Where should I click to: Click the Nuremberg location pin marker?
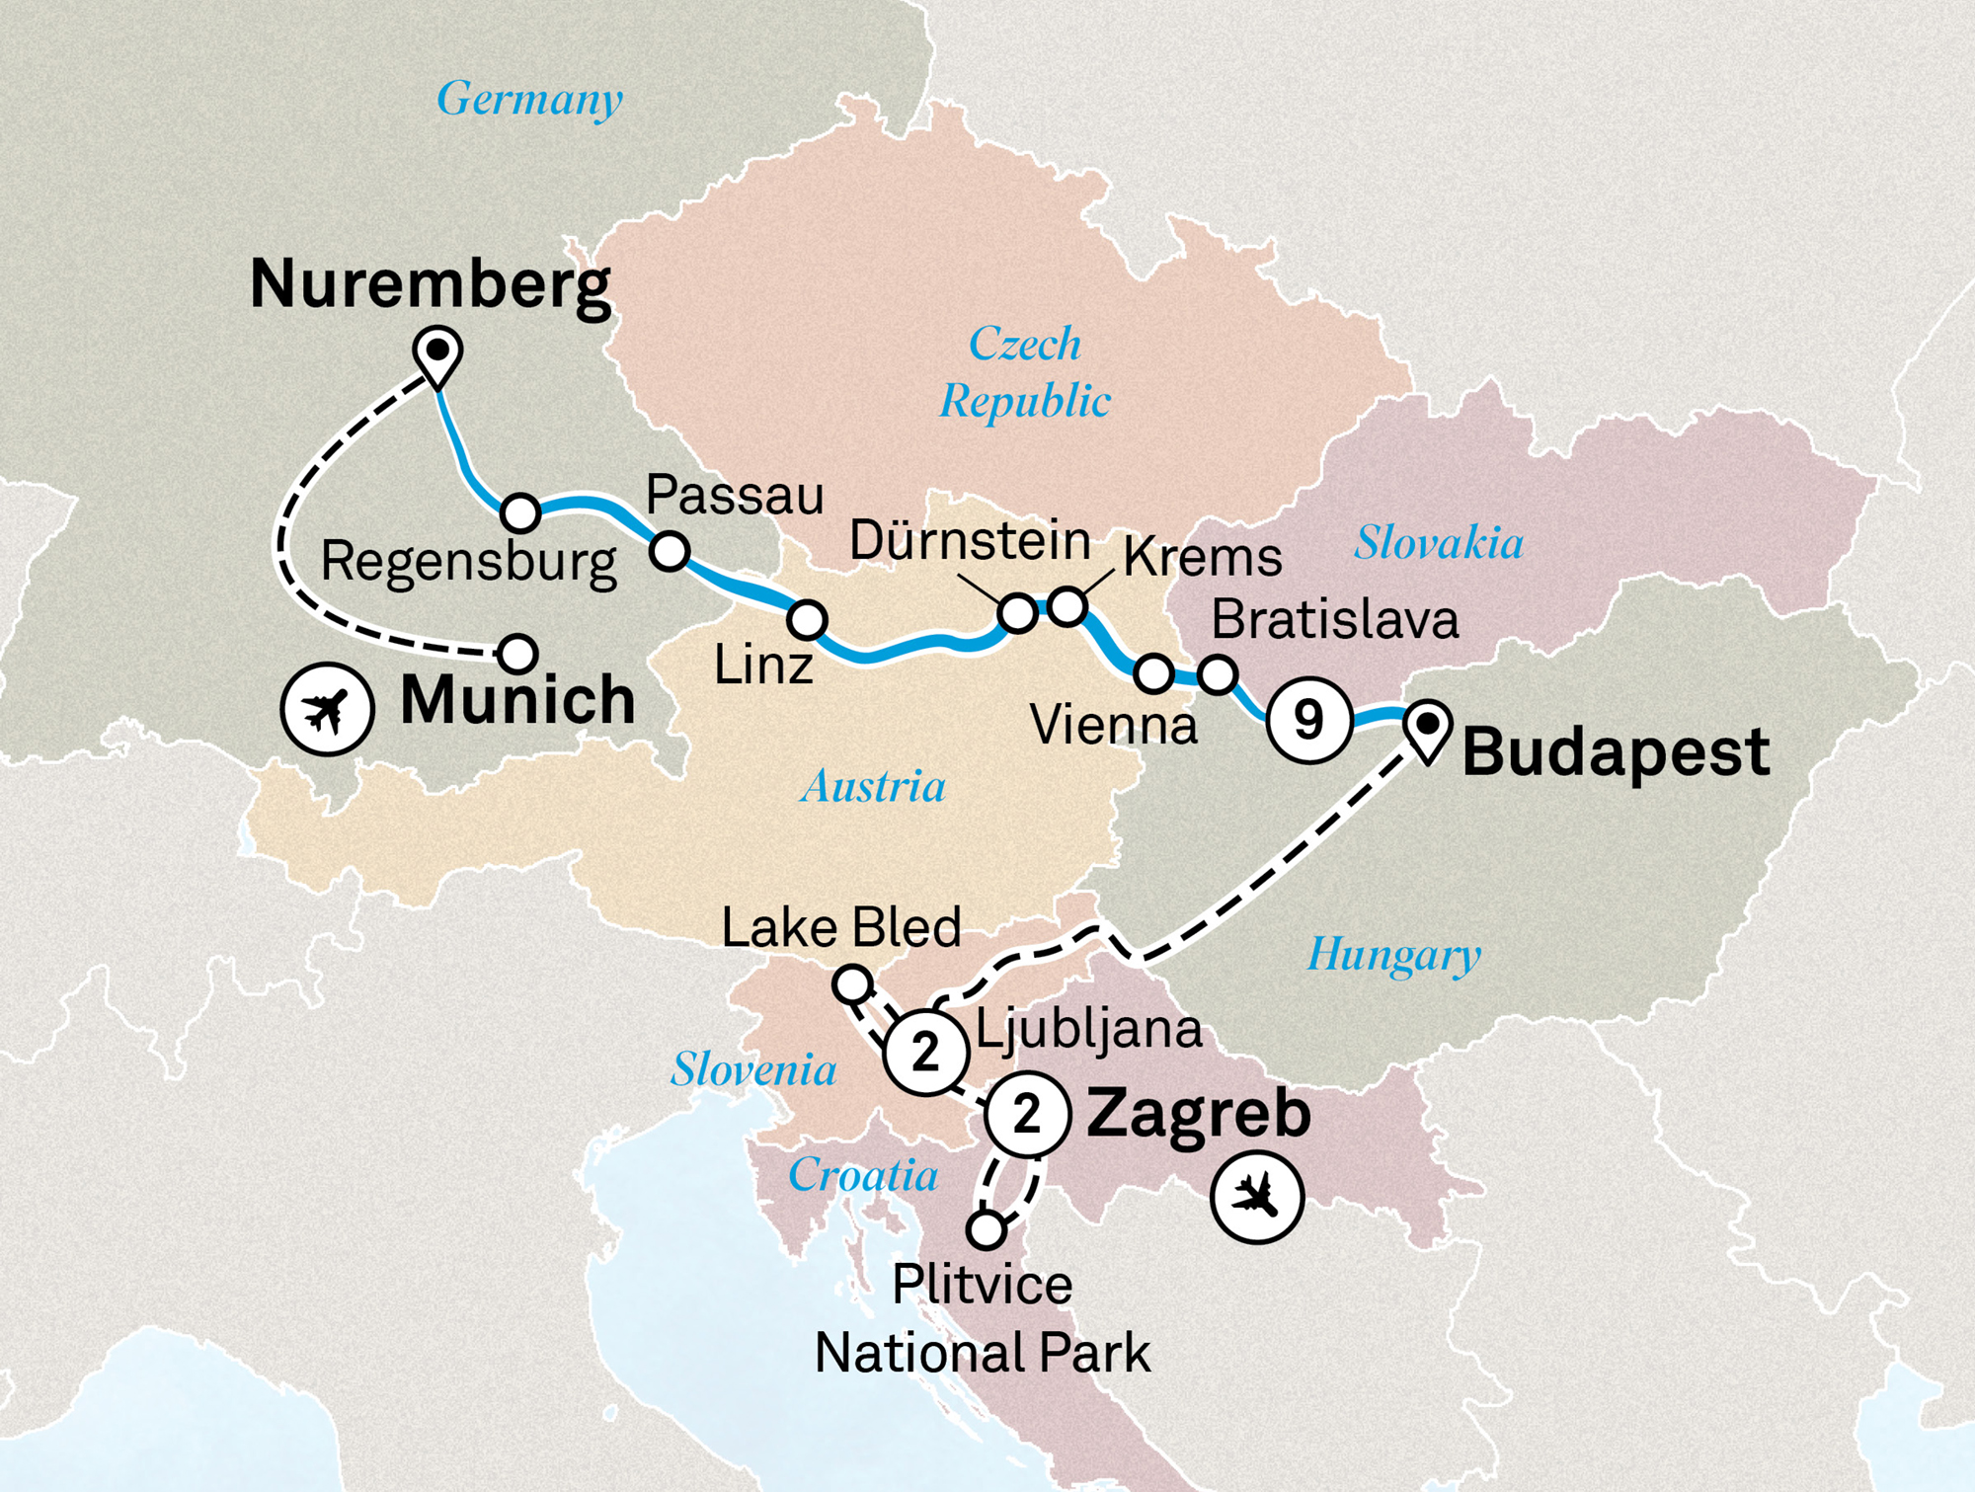437,353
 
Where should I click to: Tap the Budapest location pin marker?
1427,729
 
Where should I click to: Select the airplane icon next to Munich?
327,709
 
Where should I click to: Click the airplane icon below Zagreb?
1257,1197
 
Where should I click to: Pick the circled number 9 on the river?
1308,720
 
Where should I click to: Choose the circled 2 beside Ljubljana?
925,1052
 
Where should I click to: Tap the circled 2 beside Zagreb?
1027,1115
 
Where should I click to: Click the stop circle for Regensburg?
520,512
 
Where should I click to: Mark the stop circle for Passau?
670,551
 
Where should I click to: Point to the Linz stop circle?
807,620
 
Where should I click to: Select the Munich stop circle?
517,653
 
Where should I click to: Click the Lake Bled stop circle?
852,984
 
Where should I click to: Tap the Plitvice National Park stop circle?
986,1229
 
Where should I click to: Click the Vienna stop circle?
1153,673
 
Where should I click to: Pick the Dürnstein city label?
970,541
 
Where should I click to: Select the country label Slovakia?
1438,543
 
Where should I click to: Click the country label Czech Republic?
1025,372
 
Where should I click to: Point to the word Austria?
873,787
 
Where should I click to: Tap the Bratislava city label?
1334,620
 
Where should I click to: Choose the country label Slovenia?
753,1069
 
